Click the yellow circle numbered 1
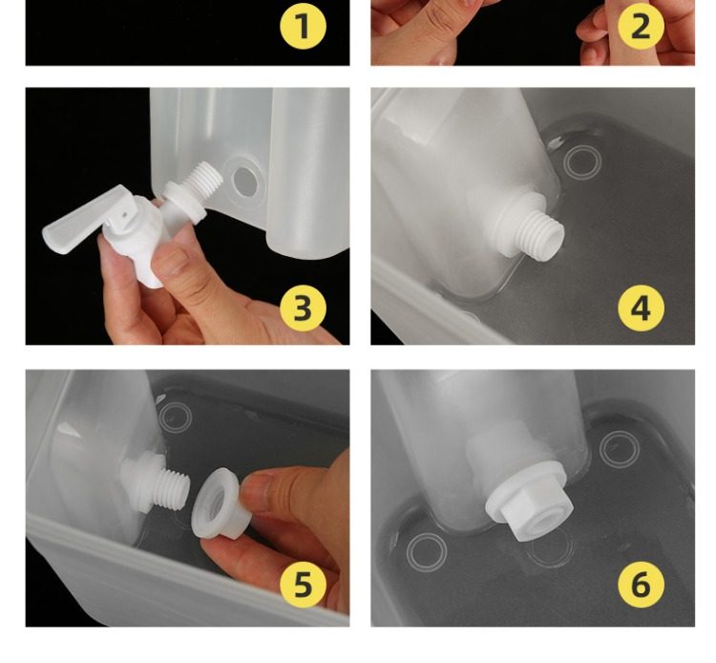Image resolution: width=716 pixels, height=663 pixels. click(304, 26)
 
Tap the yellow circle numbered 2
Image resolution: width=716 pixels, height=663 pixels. click(641, 26)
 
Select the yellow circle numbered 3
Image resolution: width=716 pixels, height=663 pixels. click(304, 308)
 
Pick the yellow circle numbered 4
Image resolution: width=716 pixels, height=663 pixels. click(641, 308)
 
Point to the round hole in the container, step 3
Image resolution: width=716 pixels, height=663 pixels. click(244, 182)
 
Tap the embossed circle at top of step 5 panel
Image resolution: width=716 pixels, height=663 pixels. click(176, 417)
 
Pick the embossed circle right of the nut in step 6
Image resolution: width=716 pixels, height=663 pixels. click(619, 449)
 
